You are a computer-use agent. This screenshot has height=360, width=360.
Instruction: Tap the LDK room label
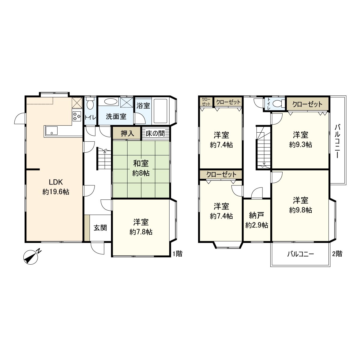56,182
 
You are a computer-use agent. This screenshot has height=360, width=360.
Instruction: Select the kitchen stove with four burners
77,115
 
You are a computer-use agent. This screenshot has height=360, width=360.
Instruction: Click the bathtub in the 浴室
160,111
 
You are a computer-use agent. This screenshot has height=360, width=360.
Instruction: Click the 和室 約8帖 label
141,168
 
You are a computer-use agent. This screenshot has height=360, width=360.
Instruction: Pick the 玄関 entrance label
100,228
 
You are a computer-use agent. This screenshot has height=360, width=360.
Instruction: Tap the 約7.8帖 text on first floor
141,232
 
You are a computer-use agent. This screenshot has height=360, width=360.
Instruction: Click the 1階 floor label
177,254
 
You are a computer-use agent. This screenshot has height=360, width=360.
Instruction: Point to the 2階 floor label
337,254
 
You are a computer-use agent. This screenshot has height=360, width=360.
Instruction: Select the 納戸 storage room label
256,215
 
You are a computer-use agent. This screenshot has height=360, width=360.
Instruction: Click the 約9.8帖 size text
301,210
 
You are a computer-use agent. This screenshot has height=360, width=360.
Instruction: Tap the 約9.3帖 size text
301,144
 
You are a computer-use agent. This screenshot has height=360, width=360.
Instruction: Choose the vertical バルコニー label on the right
337,141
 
